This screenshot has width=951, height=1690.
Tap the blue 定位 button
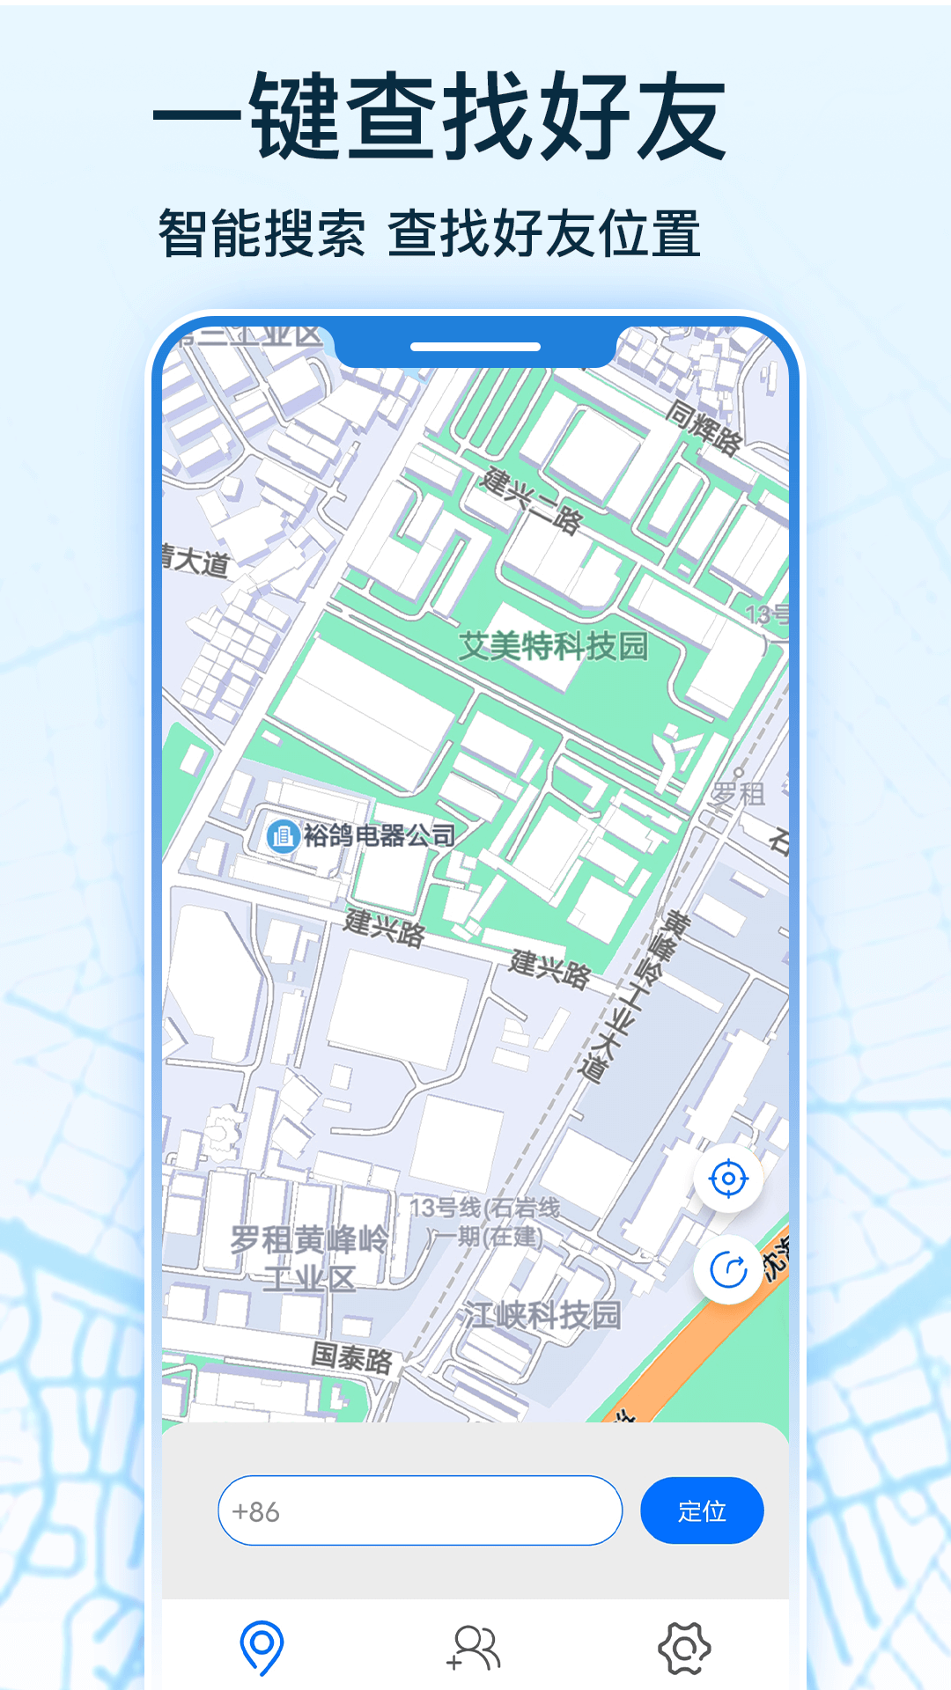point(702,1510)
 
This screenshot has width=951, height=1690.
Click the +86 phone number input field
point(420,1510)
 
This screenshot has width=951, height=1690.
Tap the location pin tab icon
point(262,1647)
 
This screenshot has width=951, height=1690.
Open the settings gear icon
point(685,1648)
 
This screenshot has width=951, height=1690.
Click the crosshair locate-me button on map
point(728,1179)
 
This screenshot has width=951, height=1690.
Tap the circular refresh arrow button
point(728,1270)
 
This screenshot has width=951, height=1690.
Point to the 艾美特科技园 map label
point(554,646)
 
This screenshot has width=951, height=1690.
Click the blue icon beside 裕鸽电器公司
point(283,835)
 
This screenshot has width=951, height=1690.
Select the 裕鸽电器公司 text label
point(380,835)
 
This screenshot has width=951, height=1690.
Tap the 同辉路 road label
point(704,428)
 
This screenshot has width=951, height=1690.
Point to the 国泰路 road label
point(351,1357)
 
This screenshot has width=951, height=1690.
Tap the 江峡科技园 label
point(543,1315)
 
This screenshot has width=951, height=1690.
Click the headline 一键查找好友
point(440,116)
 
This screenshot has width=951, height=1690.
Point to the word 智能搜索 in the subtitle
point(262,233)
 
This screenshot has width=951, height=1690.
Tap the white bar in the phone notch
point(475,347)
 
